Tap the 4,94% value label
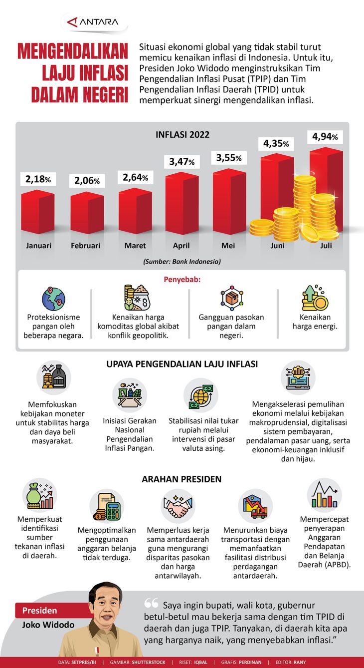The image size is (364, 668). pos(325,136)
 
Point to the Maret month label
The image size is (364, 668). pos(135,246)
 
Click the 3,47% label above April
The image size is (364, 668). pos(182,162)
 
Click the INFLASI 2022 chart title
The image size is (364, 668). pos(182,134)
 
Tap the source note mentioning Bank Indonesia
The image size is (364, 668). pos(182,261)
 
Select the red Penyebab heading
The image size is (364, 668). pos(182,279)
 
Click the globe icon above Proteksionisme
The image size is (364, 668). pos(53,299)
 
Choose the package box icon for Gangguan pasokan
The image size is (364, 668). pos(231,298)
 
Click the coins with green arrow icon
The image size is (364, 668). pos(315,299)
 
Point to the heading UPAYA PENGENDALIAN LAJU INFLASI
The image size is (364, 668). pos(182,364)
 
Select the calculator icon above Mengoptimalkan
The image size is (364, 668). pos(106,507)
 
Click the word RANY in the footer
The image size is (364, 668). pos(300,663)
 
